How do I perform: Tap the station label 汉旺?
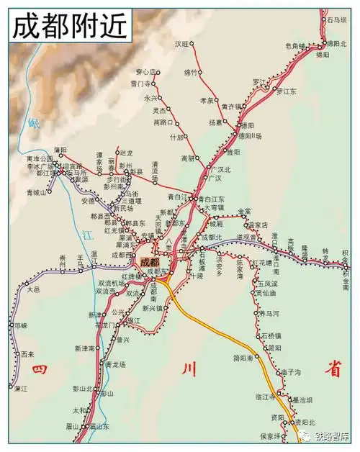pyautogui.click(x=181, y=44)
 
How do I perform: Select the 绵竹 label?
pyautogui.click(x=191, y=73)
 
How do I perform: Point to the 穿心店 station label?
pyautogui.click(x=146, y=72)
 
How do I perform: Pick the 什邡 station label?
pyautogui.click(x=176, y=137)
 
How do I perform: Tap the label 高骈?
pyautogui.click(x=188, y=158)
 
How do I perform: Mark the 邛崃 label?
pyautogui.click(x=20, y=325)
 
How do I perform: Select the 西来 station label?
pyautogui.click(x=27, y=354)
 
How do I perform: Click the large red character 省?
pyautogui.click(x=332, y=369)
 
